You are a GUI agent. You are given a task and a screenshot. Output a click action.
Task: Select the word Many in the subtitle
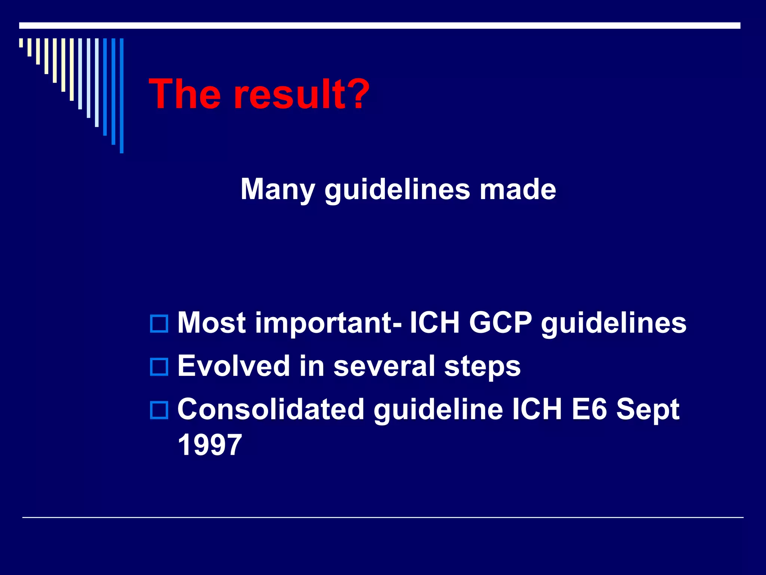tap(278, 189)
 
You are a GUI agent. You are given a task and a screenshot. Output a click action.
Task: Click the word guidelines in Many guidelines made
tap(397, 189)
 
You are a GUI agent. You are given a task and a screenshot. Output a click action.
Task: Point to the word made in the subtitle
tap(518, 189)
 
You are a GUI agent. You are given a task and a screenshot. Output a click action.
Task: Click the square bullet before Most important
tap(159, 323)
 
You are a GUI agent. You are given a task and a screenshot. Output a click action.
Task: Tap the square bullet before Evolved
tap(159, 367)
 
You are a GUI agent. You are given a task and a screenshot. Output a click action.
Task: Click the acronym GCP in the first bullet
tap(500, 323)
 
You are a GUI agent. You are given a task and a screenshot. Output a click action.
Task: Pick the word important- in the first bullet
tap(328, 323)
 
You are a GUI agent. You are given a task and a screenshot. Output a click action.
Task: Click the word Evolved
tap(234, 366)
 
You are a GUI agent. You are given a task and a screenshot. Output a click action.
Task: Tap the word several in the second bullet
tap(384, 366)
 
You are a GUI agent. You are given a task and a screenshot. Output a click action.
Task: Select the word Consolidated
tap(271, 409)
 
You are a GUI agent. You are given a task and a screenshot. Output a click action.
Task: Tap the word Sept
tap(647, 410)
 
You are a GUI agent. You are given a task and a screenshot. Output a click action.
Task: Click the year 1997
tap(210, 445)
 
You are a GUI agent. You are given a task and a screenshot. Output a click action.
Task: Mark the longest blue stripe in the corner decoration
tap(122, 95)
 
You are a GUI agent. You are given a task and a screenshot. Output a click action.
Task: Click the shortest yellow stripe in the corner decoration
tap(21, 43)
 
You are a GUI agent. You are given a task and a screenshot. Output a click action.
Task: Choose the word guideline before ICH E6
tap(438, 410)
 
